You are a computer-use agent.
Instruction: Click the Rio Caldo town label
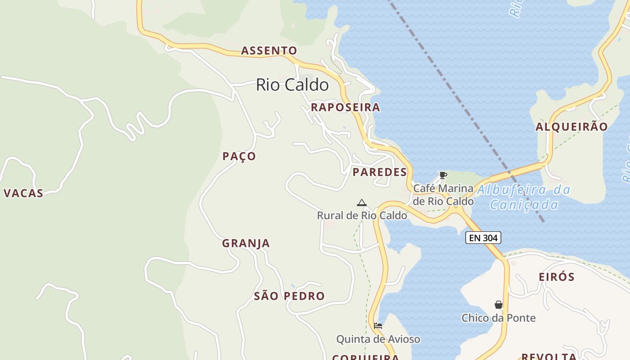pos(292,85)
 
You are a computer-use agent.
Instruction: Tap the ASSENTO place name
pos(269,50)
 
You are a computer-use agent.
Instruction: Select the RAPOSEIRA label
pos(345,107)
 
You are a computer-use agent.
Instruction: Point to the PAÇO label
pos(239,156)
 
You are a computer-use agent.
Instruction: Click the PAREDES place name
pos(379,172)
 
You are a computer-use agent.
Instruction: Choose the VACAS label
pos(23,193)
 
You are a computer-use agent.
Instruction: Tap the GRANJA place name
pos(246,243)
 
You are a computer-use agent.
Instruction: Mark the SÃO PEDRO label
pos(289,296)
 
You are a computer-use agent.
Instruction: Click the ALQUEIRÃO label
pos(571,126)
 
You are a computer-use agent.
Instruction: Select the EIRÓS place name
pos(557,277)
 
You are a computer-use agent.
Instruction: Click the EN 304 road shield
pos(483,238)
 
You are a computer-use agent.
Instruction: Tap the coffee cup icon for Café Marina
pos(443,175)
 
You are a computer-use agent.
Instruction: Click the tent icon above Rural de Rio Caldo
pos(361,203)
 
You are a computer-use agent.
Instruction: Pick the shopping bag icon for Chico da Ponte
pos(498,305)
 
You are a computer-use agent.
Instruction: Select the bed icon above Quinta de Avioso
pos(378,325)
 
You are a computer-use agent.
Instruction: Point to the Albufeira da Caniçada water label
pos(524,197)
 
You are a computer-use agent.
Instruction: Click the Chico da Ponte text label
pos(498,318)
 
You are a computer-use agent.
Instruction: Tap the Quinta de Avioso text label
pos(378,339)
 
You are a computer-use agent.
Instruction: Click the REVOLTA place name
pos(548,356)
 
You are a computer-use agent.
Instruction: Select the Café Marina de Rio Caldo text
pos(443,194)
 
